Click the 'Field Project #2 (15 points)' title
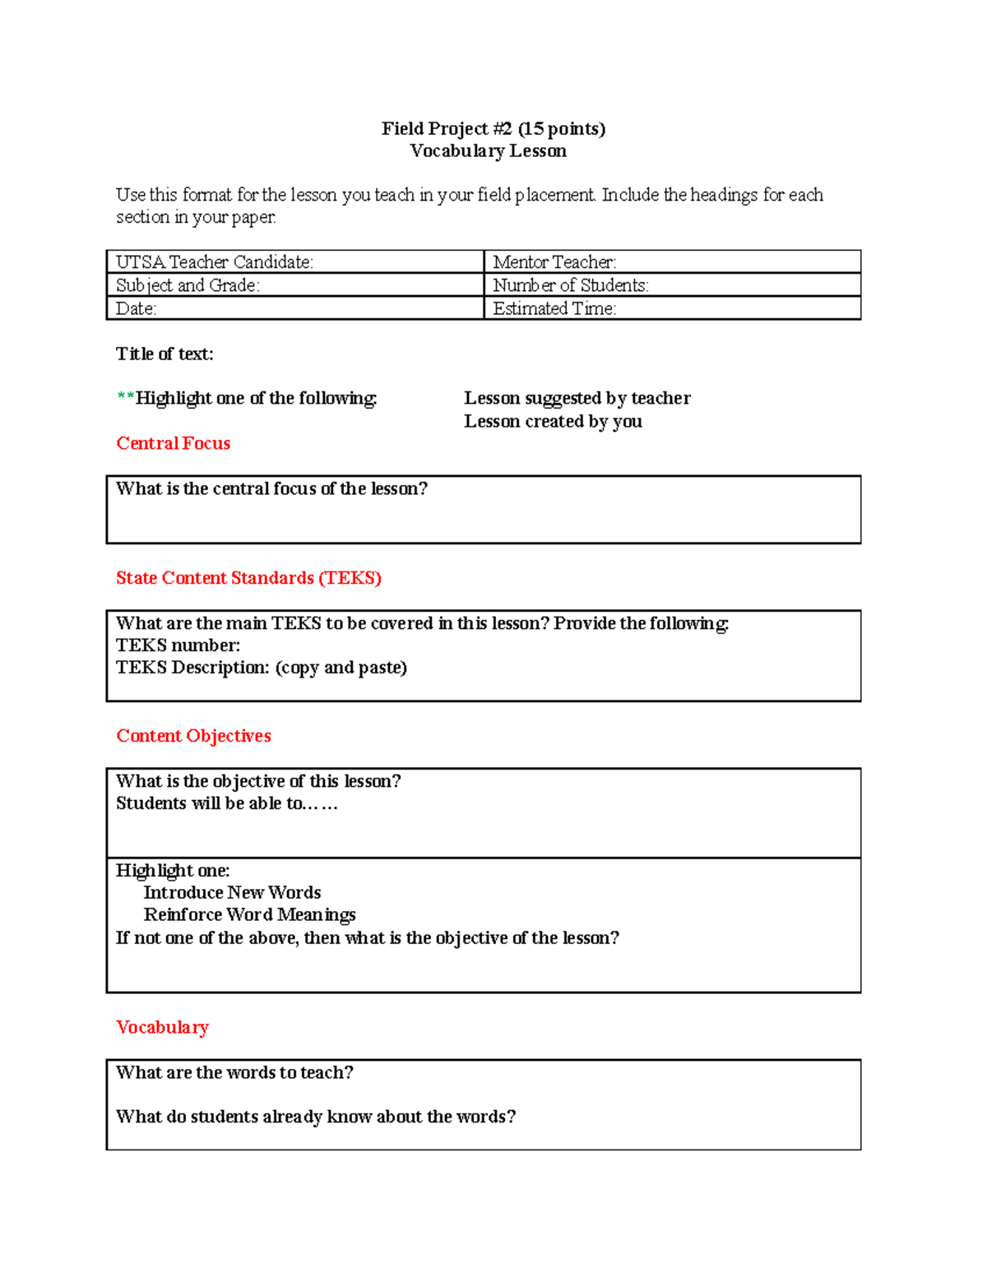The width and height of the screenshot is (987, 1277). click(x=493, y=128)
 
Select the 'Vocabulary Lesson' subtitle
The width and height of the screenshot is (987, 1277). click(x=488, y=150)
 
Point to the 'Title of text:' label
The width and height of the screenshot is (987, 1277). click(x=164, y=354)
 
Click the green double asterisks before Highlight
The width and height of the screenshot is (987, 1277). click(x=125, y=398)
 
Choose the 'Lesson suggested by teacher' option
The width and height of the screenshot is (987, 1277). click(x=577, y=398)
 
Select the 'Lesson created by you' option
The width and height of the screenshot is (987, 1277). click(x=553, y=421)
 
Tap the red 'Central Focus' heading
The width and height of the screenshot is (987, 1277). click(x=173, y=443)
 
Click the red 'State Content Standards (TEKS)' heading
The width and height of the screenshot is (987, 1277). click(x=248, y=578)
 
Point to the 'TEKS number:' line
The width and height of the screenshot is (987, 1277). click(x=178, y=645)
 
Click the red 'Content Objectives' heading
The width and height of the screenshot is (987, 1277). click(x=193, y=736)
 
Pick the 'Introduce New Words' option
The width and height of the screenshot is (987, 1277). click(x=232, y=892)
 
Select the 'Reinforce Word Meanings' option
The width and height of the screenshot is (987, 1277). click(x=249, y=914)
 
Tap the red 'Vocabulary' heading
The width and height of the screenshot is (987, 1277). click(x=162, y=1027)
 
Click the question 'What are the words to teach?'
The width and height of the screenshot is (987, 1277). click(x=234, y=1072)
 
